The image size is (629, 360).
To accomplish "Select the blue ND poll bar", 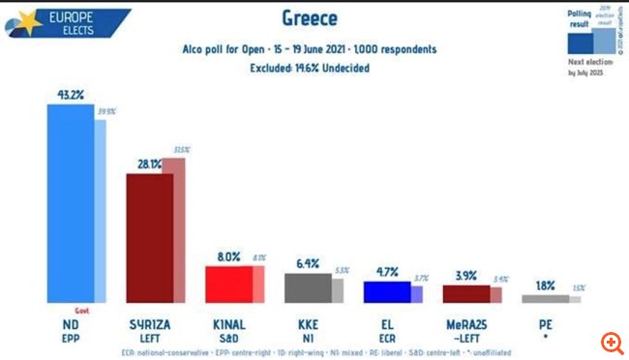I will pyautogui.click(x=71, y=203).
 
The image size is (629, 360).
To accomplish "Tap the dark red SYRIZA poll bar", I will pyautogui.click(x=149, y=238).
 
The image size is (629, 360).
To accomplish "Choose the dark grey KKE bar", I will pyautogui.click(x=307, y=287).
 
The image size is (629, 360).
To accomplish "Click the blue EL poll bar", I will pyautogui.click(x=386, y=291).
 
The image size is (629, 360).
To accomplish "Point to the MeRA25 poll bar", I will pyautogui.click(x=465, y=293).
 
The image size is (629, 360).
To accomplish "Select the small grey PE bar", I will pyautogui.click(x=545, y=299).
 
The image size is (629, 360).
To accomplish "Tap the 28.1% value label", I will pyautogui.click(x=148, y=165).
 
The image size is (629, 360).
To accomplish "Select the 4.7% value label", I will pyautogui.click(x=386, y=272).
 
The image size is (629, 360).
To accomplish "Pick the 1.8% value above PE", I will pyautogui.click(x=545, y=285).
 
